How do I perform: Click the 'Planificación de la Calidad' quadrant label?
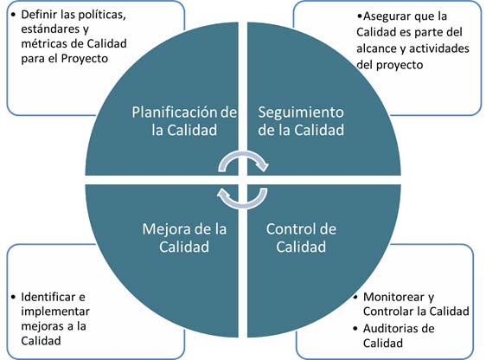184,121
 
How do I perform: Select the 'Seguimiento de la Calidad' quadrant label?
301,121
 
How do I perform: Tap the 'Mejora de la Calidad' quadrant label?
184,238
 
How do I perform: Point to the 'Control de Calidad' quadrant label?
301,238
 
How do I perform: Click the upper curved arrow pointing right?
242,157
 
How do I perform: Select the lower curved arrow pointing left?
242,202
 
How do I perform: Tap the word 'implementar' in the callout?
55,312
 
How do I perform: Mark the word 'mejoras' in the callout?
40,326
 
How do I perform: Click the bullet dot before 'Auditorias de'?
355,328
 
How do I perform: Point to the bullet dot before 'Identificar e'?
13,297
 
